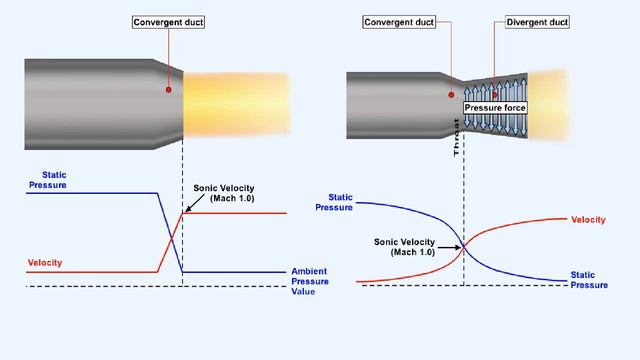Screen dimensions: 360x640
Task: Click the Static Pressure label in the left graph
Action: [47, 180]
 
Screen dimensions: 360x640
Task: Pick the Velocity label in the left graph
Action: [45, 263]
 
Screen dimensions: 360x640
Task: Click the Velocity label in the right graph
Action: [588, 219]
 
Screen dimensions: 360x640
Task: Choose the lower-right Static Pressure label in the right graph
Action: [589, 279]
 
